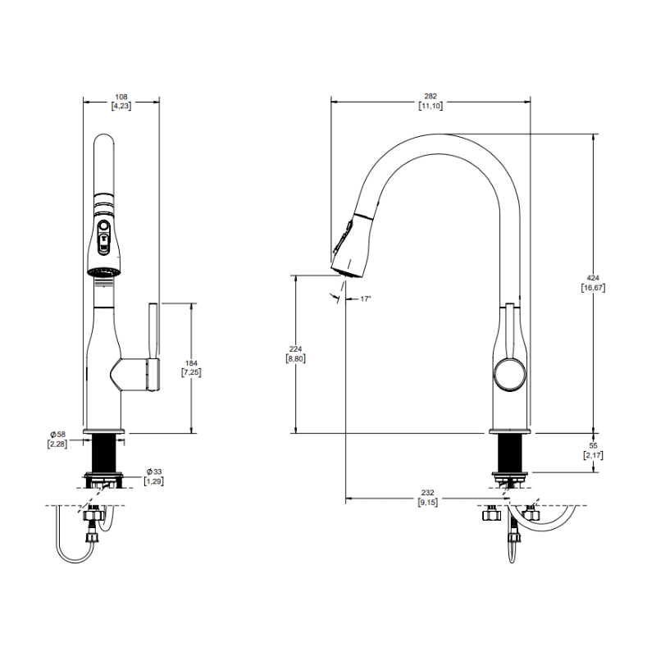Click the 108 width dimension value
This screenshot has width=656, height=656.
coord(121,97)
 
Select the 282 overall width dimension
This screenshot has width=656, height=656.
coord(430,96)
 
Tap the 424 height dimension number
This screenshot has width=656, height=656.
coord(593,278)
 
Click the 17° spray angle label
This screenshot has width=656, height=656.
coord(365,299)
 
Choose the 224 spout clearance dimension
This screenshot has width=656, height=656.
coord(295,349)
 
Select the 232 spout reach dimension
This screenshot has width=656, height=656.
coord(427,493)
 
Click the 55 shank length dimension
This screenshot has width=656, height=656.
coord(593,446)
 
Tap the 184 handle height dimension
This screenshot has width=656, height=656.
coord(191,363)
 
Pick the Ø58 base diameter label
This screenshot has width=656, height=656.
coord(58,435)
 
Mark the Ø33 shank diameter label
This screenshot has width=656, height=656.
coord(154,472)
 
